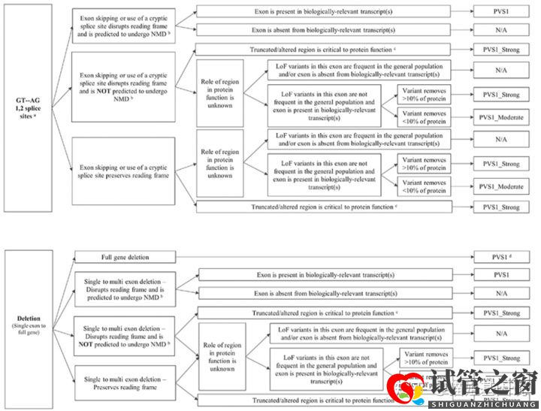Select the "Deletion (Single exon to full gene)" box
(x=29, y=328)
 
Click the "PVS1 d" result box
(x=501, y=258)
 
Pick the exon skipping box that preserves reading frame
(x=122, y=171)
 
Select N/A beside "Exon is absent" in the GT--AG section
(x=501, y=30)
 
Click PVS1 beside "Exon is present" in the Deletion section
(x=501, y=275)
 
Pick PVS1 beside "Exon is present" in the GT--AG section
(x=501, y=12)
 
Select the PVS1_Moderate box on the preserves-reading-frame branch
(x=501, y=186)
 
